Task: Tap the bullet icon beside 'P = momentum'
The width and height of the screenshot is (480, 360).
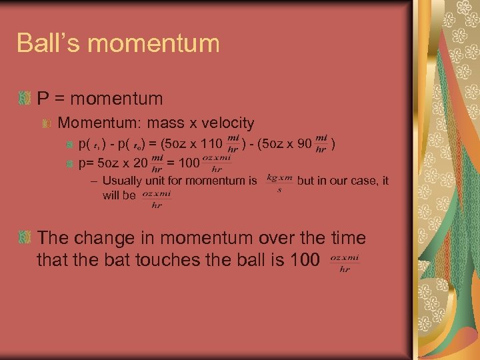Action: (25, 99)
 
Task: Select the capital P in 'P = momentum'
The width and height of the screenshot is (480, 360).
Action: (42, 99)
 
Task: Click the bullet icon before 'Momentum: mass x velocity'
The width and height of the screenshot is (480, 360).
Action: (48, 123)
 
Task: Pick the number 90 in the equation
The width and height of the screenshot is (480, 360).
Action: (303, 143)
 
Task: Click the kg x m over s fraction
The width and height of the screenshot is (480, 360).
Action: (279, 183)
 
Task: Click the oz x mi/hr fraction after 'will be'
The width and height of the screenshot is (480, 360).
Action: (157, 199)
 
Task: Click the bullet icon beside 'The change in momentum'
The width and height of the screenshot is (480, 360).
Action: (25, 237)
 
